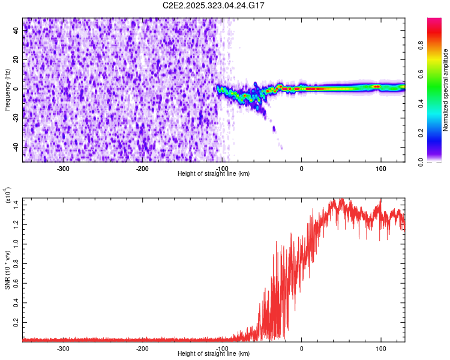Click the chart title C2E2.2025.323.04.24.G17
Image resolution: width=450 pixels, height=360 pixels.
[214, 5]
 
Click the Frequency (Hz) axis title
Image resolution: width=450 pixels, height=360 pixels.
[8, 89]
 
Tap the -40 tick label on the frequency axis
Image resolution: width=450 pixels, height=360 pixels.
[16, 147]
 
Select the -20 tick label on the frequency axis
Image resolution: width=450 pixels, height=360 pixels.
[16, 118]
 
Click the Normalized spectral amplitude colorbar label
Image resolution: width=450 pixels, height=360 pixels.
[445, 90]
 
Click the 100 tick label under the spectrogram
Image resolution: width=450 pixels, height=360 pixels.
[380, 169]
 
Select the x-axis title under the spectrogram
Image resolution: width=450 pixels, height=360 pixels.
[214, 174]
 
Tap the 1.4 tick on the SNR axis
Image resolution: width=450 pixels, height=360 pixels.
[16, 205]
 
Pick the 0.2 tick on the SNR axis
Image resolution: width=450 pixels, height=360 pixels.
[16, 322]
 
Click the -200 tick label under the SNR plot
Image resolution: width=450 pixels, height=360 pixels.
[142, 349]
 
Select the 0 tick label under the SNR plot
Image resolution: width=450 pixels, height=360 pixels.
[301, 349]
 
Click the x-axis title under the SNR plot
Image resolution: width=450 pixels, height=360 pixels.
[214, 354]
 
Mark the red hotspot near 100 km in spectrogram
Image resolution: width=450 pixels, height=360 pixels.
[377, 86]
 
